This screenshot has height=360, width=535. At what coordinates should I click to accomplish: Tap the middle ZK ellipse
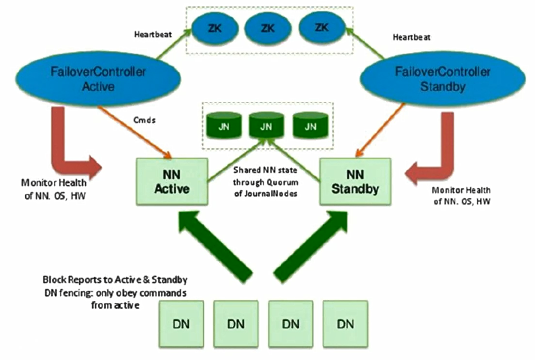(268, 28)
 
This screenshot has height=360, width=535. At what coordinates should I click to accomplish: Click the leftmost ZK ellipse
(214, 28)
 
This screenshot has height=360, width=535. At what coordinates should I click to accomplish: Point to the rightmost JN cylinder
(311, 127)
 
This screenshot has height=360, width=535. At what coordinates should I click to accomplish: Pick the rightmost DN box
(345, 323)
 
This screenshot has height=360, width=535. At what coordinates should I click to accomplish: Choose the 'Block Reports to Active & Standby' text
(115, 280)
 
